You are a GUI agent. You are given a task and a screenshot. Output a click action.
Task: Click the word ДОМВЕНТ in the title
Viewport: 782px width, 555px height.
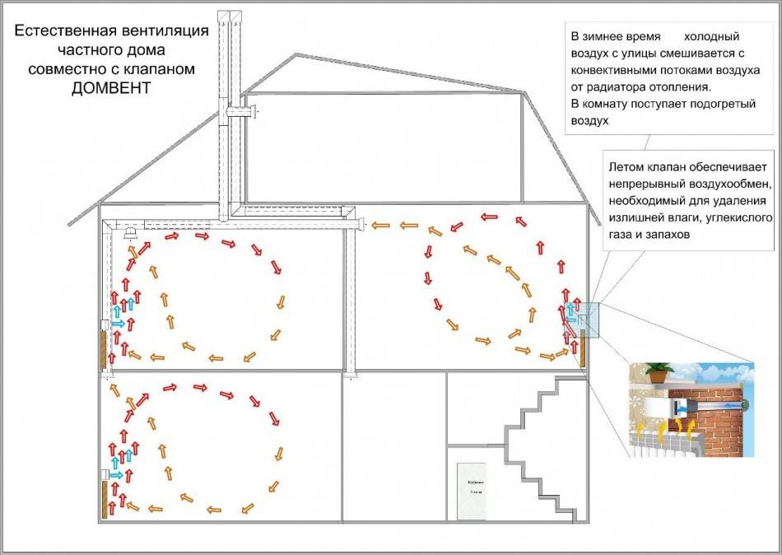point(112,88)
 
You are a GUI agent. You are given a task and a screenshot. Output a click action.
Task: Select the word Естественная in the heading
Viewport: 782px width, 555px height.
point(67,33)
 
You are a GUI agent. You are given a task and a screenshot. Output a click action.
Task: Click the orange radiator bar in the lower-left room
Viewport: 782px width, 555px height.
point(105,499)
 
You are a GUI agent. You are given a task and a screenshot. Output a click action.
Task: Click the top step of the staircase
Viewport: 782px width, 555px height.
point(562,381)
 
